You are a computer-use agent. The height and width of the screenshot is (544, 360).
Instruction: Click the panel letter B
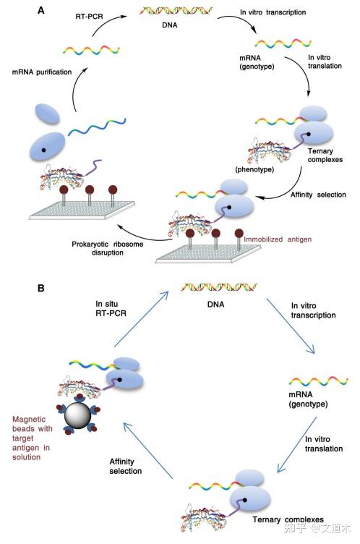click(42, 287)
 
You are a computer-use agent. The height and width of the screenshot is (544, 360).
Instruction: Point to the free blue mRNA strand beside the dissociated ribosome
click(98, 127)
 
